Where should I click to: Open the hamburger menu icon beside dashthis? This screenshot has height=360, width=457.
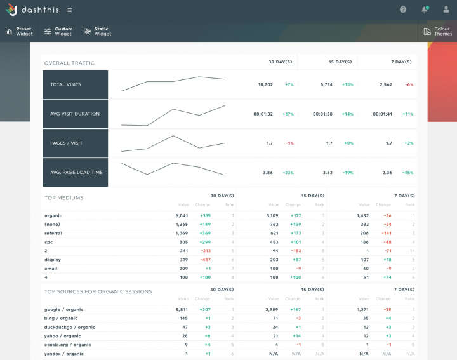click(69, 10)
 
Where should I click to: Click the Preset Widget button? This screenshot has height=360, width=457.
click(19, 31)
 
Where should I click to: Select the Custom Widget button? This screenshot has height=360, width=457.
click(58, 31)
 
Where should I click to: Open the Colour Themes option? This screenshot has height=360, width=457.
click(437, 31)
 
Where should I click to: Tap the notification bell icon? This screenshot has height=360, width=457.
click(424, 10)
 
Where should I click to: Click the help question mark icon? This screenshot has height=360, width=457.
click(403, 10)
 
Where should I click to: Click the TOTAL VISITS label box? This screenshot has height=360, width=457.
click(75, 84)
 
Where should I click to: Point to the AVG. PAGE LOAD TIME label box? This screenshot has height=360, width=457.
click(75, 172)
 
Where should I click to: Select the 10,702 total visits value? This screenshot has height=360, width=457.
click(265, 84)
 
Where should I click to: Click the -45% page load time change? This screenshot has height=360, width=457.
click(407, 172)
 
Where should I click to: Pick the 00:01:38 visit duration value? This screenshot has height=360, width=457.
click(322, 114)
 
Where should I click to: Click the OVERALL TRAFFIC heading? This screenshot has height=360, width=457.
click(69, 63)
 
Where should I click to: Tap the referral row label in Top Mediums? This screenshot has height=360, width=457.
click(53, 233)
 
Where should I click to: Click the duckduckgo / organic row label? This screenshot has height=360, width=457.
click(70, 327)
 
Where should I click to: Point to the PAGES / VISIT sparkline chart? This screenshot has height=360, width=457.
click(173, 143)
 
